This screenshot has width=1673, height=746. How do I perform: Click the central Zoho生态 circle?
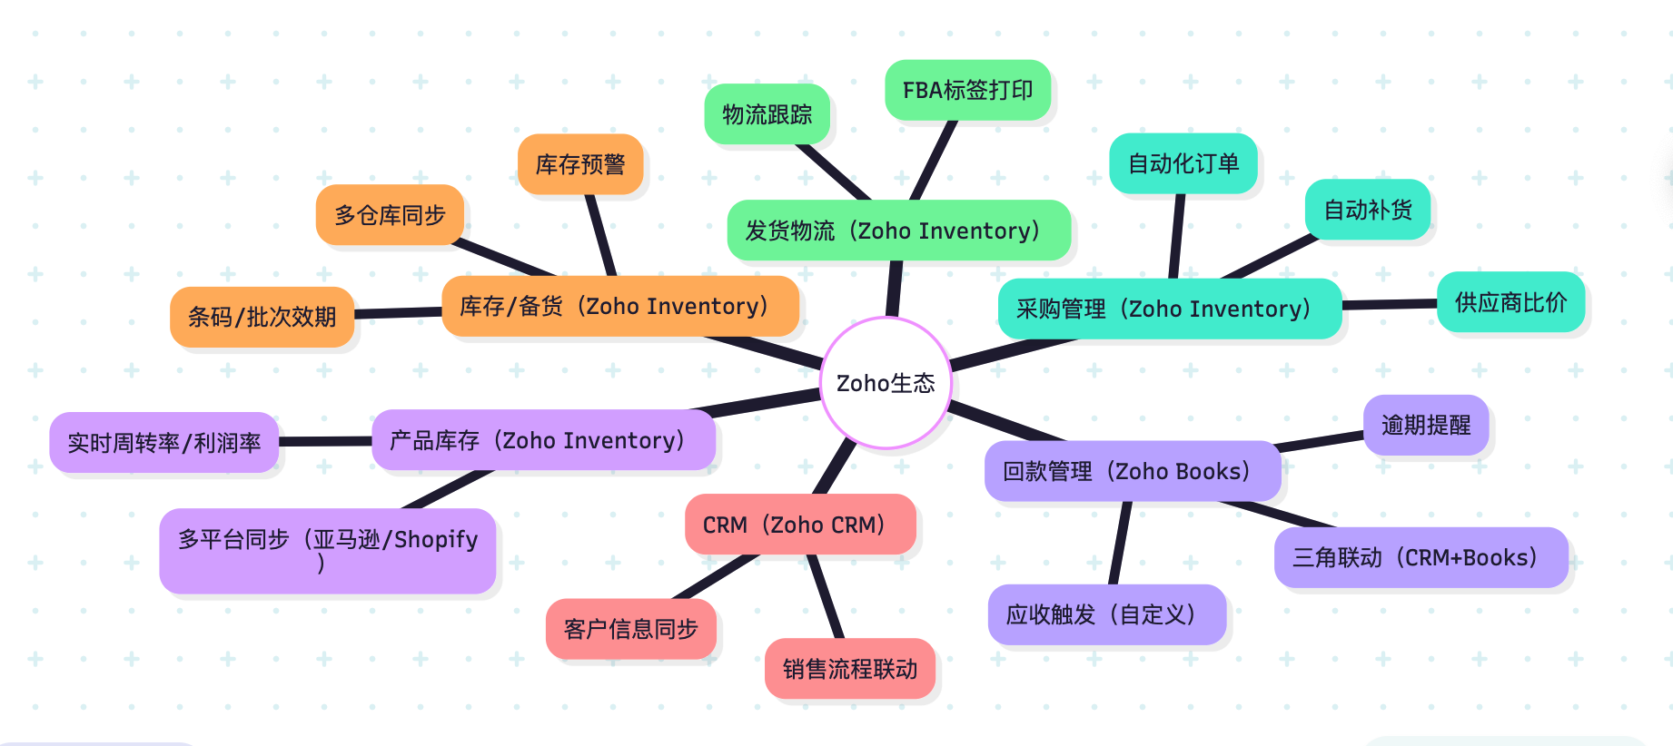[886, 383]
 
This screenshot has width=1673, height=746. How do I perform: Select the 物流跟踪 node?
[767, 114]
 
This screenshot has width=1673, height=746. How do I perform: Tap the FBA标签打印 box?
[968, 90]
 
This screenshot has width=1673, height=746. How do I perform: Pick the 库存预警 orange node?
[580, 164]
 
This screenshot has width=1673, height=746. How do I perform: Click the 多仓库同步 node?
[390, 215]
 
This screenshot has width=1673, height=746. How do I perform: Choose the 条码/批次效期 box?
[262, 317]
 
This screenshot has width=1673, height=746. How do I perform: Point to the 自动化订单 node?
[1183, 163]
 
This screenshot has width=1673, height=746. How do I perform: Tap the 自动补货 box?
[1368, 210]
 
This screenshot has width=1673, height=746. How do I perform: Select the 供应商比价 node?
[1510, 302]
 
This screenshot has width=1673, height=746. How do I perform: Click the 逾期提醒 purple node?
[1426, 425]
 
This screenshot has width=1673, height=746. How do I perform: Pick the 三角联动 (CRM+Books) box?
[1421, 557]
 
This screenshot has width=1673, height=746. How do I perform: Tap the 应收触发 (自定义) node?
[1106, 614]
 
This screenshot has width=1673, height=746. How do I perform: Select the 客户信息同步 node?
[631, 629]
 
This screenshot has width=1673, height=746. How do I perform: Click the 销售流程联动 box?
[850, 669]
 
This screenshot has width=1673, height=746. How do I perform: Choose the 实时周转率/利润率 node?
[164, 442]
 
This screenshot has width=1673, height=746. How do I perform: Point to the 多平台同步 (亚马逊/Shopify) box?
[328, 550]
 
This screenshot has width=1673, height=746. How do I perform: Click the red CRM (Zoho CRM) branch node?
[800, 525]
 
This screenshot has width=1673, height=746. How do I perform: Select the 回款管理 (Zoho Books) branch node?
[1133, 471]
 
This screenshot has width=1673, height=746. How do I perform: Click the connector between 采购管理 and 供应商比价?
[1390, 305]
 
